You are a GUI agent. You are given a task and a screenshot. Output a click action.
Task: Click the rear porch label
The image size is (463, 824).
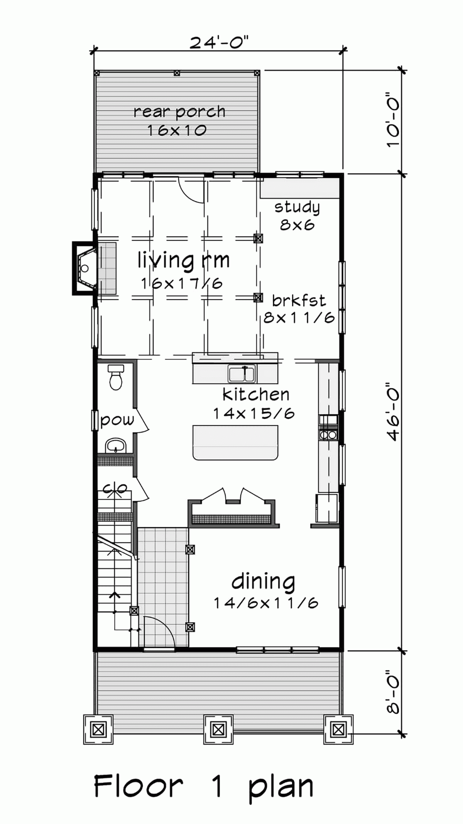tap(179, 112)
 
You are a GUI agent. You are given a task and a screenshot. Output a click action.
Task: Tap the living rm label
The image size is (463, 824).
tap(183, 260)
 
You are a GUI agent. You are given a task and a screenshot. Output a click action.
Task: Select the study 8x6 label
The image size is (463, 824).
tap(297, 216)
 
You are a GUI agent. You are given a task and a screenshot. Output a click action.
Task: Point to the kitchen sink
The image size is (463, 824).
tap(242, 374)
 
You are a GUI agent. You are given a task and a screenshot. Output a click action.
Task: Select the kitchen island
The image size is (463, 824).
tap(235, 442)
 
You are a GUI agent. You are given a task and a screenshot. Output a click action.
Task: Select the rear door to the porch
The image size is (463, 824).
tap(191, 189)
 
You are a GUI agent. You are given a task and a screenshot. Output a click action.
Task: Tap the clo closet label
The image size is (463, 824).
tap(115, 488)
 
